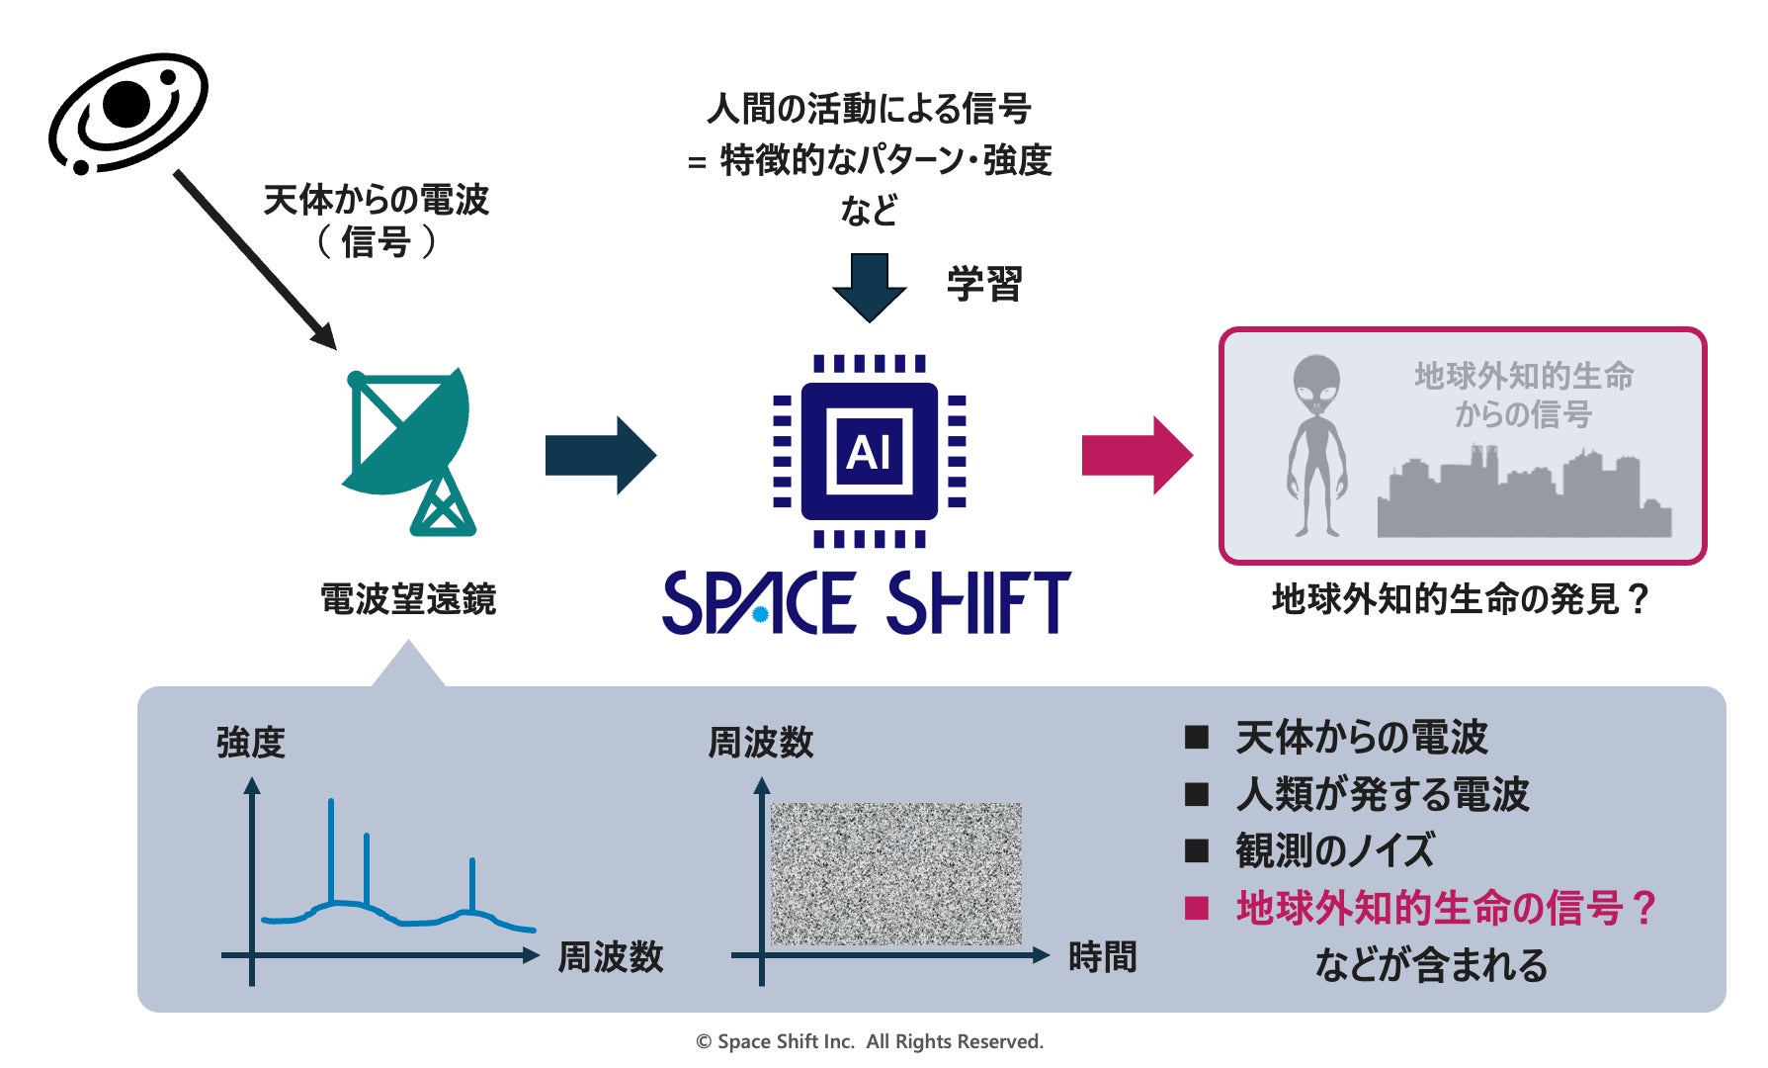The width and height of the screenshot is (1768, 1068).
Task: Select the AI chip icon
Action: coord(869,451)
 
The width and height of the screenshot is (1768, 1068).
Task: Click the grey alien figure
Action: coord(1316,446)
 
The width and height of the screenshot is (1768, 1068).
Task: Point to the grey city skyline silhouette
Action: coord(1523,500)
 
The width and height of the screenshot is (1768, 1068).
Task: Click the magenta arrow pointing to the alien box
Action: coord(1137,455)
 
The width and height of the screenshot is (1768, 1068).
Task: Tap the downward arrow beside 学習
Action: coord(869,286)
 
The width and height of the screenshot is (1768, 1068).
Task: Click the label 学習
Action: coord(983,285)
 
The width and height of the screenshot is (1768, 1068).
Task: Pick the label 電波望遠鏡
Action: coord(408,599)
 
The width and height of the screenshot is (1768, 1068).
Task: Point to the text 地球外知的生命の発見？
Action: coord(1461,599)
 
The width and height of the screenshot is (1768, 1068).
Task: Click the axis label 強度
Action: coord(251,742)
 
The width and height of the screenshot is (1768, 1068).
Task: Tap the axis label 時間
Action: coord(1102,957)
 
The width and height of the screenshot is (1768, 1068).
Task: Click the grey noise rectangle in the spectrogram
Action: coord(895,874)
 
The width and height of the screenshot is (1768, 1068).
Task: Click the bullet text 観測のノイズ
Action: coord(1334,850)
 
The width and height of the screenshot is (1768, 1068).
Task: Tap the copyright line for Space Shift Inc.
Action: coord(870,1041)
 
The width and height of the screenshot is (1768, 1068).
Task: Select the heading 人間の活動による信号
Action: coord(869,109)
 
